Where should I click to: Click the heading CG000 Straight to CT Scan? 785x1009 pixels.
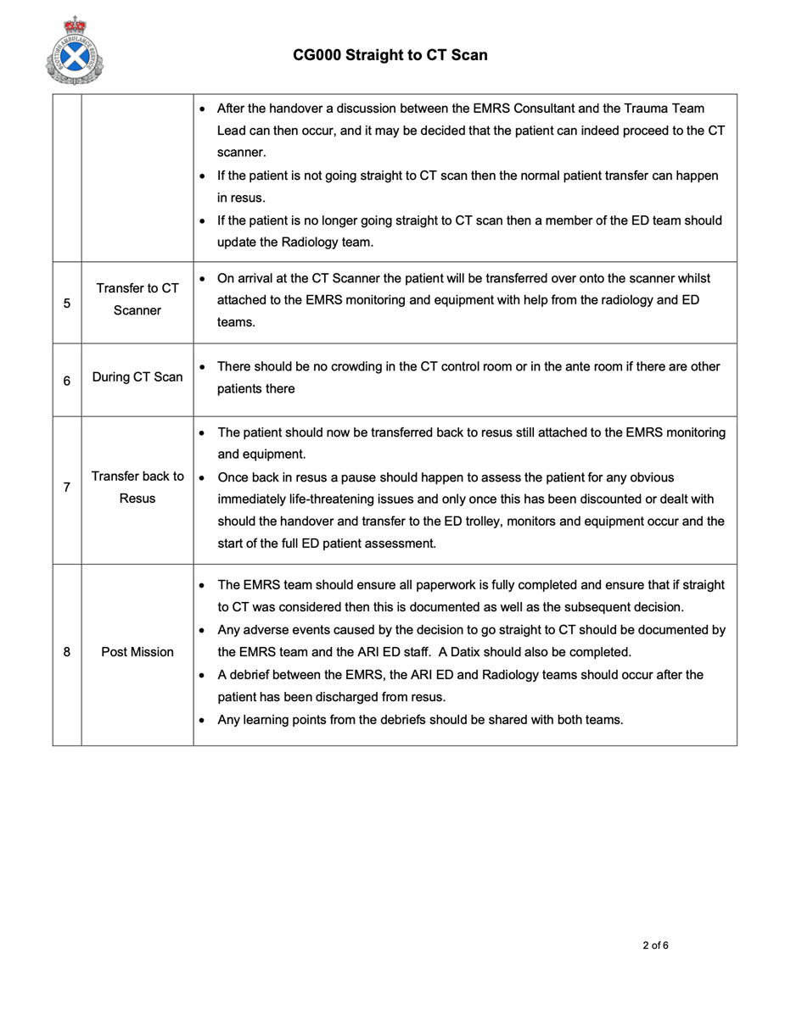click(x=390, y=55)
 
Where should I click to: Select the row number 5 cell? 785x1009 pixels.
click(x=66, y=303)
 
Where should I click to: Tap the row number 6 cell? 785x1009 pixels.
click(x=66, y=381)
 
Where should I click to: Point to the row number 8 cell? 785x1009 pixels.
click(x=66, y=653)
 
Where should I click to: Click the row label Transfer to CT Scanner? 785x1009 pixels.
click(x=137, y=298)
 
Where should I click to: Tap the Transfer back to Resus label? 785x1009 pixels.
click(x=137, y=488)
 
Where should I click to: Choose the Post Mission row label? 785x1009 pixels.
click(x=137, y=653)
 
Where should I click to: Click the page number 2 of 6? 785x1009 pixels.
click(x=656, y=945)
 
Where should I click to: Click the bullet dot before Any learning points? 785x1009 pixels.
click(x=201, y=721)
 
